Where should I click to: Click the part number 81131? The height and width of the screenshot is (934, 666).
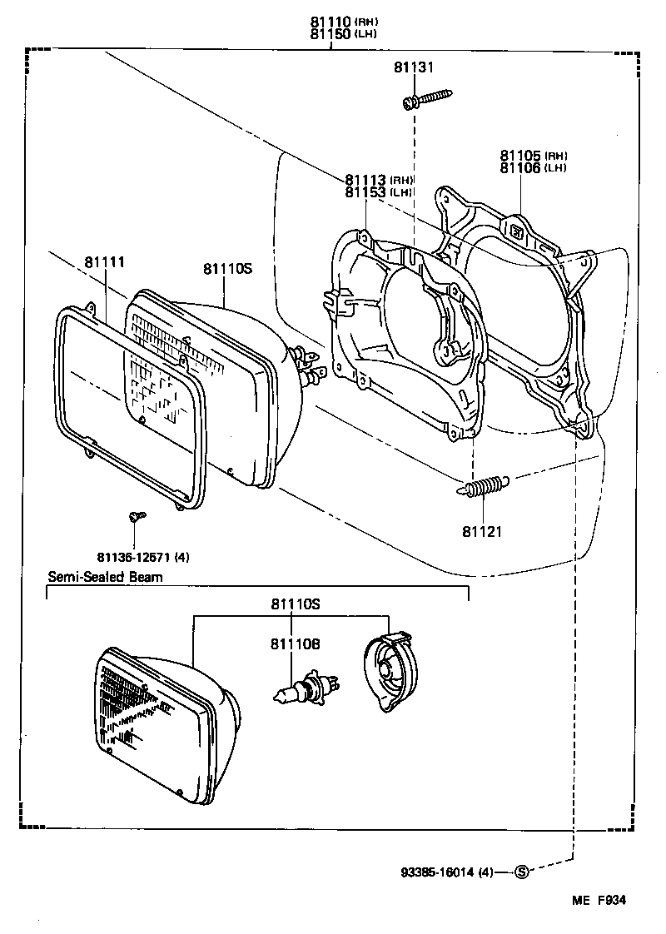click(415, 68)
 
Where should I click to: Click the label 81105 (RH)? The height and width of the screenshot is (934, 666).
click(533, 156)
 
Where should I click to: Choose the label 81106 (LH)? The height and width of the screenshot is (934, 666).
click(533, 167)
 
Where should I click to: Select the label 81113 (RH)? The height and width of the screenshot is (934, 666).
click(379, 180)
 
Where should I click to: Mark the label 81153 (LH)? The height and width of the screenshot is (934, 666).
click(379, 191)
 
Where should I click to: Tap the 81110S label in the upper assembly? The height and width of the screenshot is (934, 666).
click(226, 268)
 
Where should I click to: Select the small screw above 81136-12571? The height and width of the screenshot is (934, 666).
click(137, 518)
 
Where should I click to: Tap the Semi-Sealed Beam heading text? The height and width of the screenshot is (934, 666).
click(105, 576)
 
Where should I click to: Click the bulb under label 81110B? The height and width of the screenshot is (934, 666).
click(307, 688)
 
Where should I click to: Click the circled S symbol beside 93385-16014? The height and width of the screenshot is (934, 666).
click(522, 872)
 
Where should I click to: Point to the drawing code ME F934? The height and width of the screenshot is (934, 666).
click(598, 900)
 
